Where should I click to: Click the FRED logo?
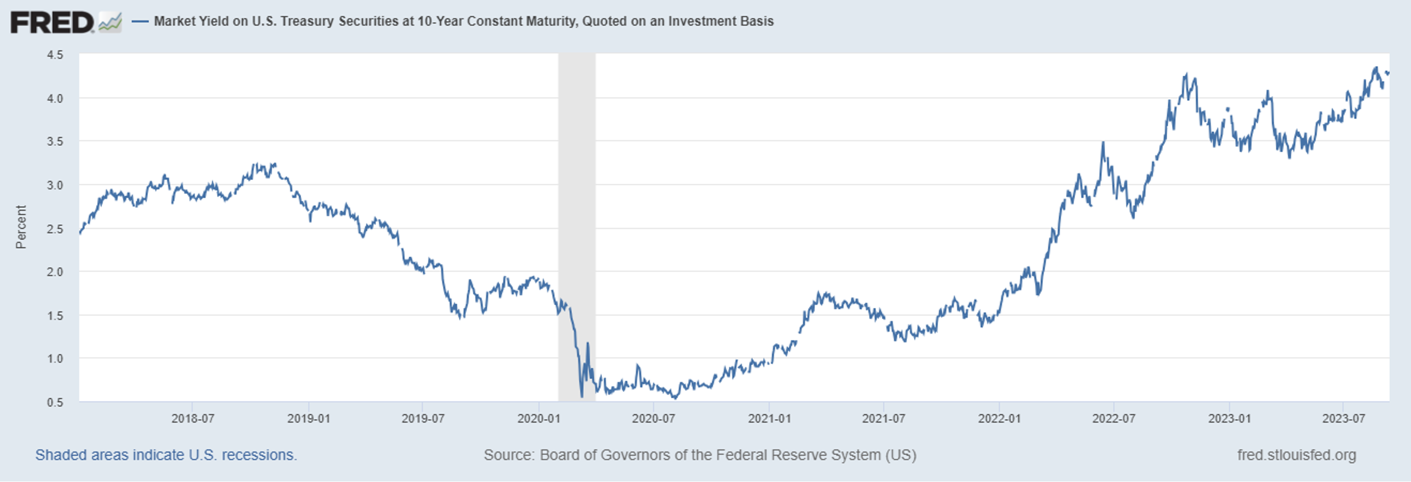pyautogui.click(x=52, y=23)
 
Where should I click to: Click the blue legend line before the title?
pyautogui.click(x=140, y=22)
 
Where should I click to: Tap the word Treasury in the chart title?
pyautogui.click(x=307, y=22)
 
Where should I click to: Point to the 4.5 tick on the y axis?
pyautogui.click(x=55, y=55)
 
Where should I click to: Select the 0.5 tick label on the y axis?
pyautogui.click(x=55, y=402)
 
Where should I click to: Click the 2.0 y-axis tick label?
pyautogui.click(x=55, y=272)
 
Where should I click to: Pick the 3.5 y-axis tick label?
pyautogui.click(x=55, y=142)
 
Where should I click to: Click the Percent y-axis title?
pyautogui.click(x=21, y=227)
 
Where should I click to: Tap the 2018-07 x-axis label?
pyautogui.click(x=192, y=418)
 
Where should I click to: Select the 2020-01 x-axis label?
pyautogui.click(x=539, y=418)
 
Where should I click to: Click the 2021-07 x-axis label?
pyautogui.click(x=883, y=418)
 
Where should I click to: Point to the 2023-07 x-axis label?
pyautogui.click(x=1343, y=418)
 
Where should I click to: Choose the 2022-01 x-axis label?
pyautogui.click(x=999, y=418)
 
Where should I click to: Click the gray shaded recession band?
pyautogui.click(x=576, y=219)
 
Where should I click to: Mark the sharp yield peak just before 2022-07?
pyautogui.click(x=1102, y=143)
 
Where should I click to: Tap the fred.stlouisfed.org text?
pyautogui.click(x=1296, y=455)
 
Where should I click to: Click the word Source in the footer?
pyautogui.click(x=508, y=455)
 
